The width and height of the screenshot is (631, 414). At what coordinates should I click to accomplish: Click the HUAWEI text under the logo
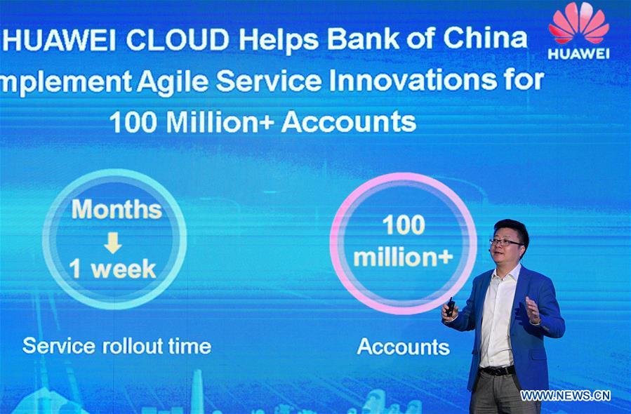579,53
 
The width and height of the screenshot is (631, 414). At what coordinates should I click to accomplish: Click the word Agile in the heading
173,81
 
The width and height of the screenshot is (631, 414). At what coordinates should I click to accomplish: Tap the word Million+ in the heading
221,122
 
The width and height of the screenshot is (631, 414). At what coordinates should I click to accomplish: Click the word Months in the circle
117,209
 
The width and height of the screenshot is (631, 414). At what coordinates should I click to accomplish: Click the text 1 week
112,269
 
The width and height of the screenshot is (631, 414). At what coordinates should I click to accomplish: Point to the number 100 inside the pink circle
403,225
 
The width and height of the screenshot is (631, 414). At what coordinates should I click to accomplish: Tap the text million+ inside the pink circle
403,257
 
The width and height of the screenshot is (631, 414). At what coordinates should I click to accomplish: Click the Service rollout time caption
117,345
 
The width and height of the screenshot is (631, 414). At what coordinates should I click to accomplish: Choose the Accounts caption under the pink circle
403,346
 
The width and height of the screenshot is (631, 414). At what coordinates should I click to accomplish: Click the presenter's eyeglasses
505,242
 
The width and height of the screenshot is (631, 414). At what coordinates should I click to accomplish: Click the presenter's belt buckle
500,370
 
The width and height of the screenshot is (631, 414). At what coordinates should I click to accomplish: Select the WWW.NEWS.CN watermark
565,395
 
